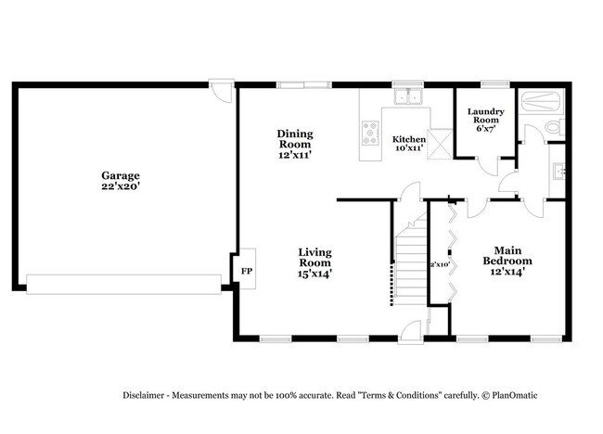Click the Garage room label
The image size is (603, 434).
121,180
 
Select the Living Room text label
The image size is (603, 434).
315,262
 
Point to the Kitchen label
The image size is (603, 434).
409,144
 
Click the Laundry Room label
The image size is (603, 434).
486,119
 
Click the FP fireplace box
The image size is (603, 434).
246,271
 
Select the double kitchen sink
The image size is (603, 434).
407,96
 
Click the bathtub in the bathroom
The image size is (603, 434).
542,100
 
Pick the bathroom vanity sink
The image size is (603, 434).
558,171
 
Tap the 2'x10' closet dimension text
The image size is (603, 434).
439,264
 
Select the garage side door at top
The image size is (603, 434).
220,92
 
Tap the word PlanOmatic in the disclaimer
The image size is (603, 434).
512,395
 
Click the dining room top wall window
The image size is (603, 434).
302,85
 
